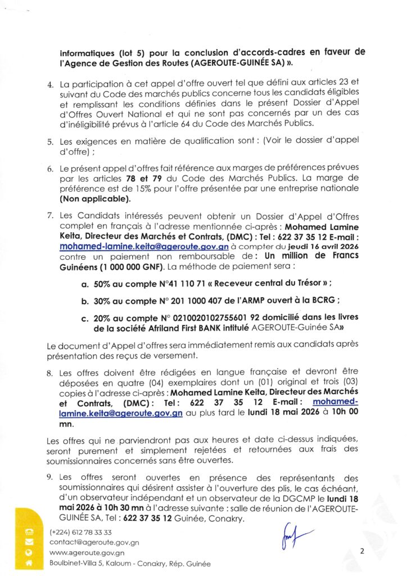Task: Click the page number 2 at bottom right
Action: click(362, 551)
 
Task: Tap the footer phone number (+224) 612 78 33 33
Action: click(80, 532)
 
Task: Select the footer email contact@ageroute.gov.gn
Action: click(94, 542)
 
